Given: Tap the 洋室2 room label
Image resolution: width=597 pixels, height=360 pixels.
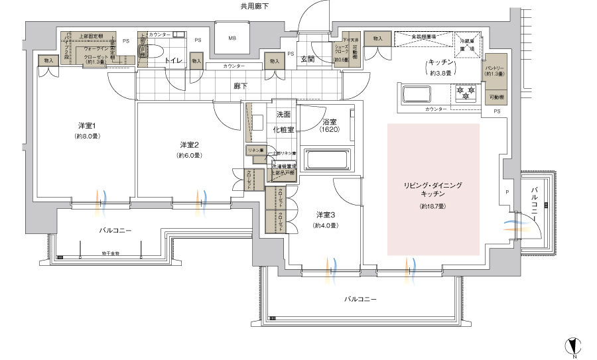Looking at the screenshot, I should coord(189,145).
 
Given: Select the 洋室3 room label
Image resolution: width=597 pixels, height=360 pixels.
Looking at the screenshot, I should coord(325,215).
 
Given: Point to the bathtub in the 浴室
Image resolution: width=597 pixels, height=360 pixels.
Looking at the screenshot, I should coord(326,160).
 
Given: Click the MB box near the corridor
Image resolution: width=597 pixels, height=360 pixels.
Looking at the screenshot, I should coord(232,38).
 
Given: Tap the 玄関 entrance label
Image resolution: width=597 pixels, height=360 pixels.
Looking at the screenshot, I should coord(308,59).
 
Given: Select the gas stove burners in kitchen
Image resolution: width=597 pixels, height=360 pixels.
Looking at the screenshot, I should coord(465,93).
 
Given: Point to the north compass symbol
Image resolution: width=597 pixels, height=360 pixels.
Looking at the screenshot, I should coord(574,345).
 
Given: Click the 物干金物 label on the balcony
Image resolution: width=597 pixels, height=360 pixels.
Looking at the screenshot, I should coord(111,253).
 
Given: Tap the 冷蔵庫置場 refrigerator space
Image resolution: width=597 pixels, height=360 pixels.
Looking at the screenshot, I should coord(468,44).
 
